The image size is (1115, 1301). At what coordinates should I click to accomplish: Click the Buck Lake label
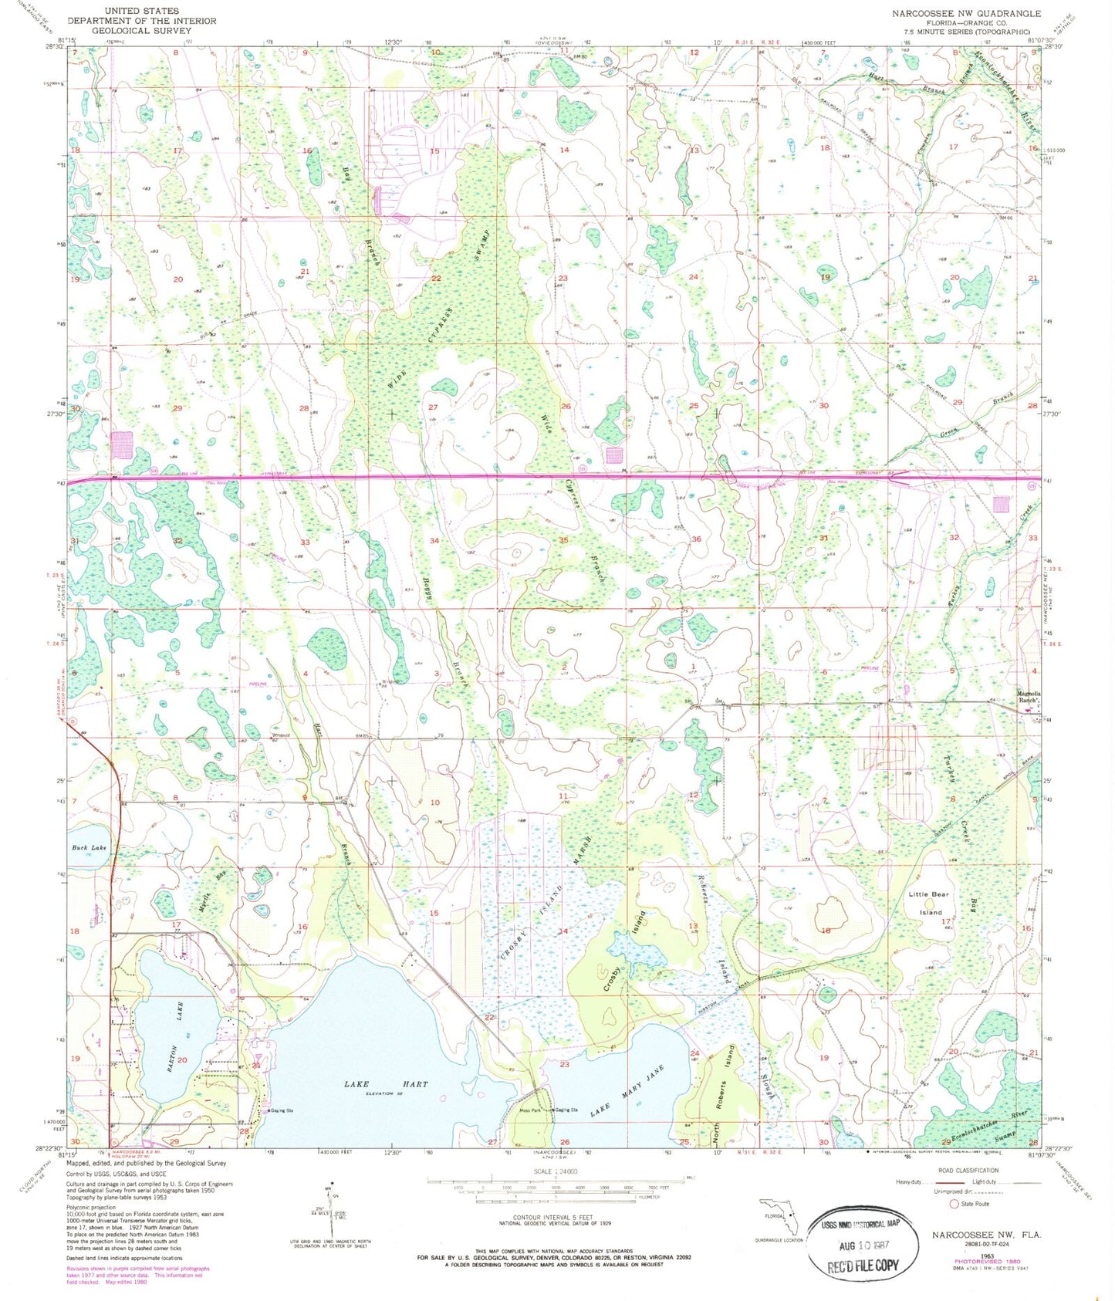90,847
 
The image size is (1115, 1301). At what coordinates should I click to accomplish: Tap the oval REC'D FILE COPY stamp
862,1244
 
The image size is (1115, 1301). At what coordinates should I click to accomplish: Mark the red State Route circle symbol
955,1204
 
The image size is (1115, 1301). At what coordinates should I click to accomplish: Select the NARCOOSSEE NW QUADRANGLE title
966,14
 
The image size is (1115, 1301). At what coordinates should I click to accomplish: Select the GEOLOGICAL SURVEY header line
141,31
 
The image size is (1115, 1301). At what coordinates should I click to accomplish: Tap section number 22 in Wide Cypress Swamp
436,278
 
